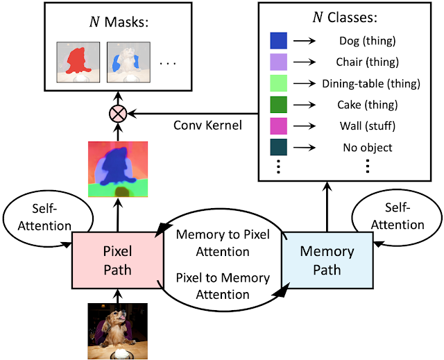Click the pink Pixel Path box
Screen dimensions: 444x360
coord(117,260)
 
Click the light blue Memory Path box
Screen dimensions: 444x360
coord(327,260)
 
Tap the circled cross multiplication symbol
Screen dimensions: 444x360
coord(118,114)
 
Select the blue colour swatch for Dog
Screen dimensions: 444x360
coord(279,40)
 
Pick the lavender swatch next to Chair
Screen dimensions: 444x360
coord(279,62)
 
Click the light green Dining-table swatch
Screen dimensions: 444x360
coord(279,83)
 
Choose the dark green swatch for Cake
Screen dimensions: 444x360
coord(279,105)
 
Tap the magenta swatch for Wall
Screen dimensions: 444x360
coord(279,126)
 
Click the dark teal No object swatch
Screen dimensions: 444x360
coord(279,147)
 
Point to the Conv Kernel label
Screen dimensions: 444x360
coord(207,126)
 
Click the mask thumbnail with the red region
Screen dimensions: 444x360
coord(78,62)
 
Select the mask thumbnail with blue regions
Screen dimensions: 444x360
coord(128,62)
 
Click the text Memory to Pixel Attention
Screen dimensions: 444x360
coord(223,243)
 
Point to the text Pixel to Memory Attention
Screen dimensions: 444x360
coord(223,286)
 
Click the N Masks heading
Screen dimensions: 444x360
coord(119,22)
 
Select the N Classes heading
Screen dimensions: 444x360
coord(345,17)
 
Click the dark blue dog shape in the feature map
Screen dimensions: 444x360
coord(116,166)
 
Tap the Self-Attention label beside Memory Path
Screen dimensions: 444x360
coord(398,216)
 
